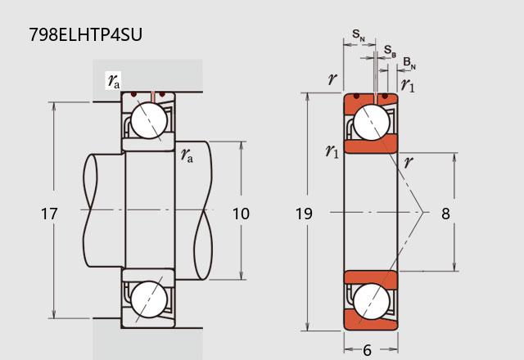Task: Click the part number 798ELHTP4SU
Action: pos(85,34)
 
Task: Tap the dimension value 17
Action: pos(49,214)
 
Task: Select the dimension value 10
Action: pos(241,214)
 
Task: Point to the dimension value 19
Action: pos(304,214)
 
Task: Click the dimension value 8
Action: pos(445,214)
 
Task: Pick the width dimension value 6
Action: pos(367,350)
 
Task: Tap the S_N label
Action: pos(359,35)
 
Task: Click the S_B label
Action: pos(390,51)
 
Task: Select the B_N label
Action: pos(409,63)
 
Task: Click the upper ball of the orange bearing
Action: pos(371,122)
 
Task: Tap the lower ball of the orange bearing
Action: pos(371,302)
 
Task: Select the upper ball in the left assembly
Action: pos(149,120)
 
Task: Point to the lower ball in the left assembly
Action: pos(149,299)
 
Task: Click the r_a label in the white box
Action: pos(114,80)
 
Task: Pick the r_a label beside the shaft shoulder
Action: pos(187,155)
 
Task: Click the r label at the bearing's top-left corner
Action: pos(332,79)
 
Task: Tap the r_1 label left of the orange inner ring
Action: pos(332,151)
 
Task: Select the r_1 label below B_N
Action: pos(408,85)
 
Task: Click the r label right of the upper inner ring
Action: pos(409,162)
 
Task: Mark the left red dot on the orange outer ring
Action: pos(357,97)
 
